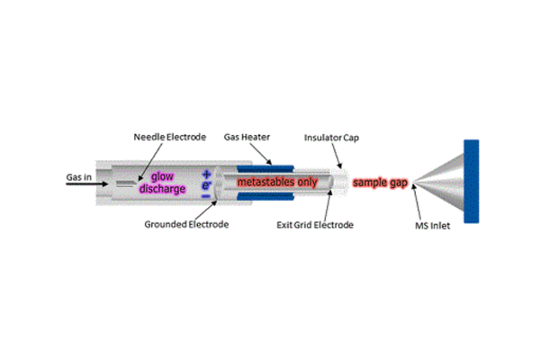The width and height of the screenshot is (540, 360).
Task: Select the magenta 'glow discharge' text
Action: pos(162,183)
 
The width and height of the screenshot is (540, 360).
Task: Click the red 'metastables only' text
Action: pos(276,183)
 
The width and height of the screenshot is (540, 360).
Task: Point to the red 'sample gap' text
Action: pos(381,183)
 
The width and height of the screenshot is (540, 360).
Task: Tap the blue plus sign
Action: pos(207,172)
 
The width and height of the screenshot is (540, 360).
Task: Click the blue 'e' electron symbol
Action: pos(207,184)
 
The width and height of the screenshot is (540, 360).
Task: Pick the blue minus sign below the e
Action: pos(207,194)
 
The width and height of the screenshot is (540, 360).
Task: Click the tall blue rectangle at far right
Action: pos(470,183)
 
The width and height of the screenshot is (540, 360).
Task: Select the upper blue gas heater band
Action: pos(265,165)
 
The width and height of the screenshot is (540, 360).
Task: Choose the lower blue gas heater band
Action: pos(265,202)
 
